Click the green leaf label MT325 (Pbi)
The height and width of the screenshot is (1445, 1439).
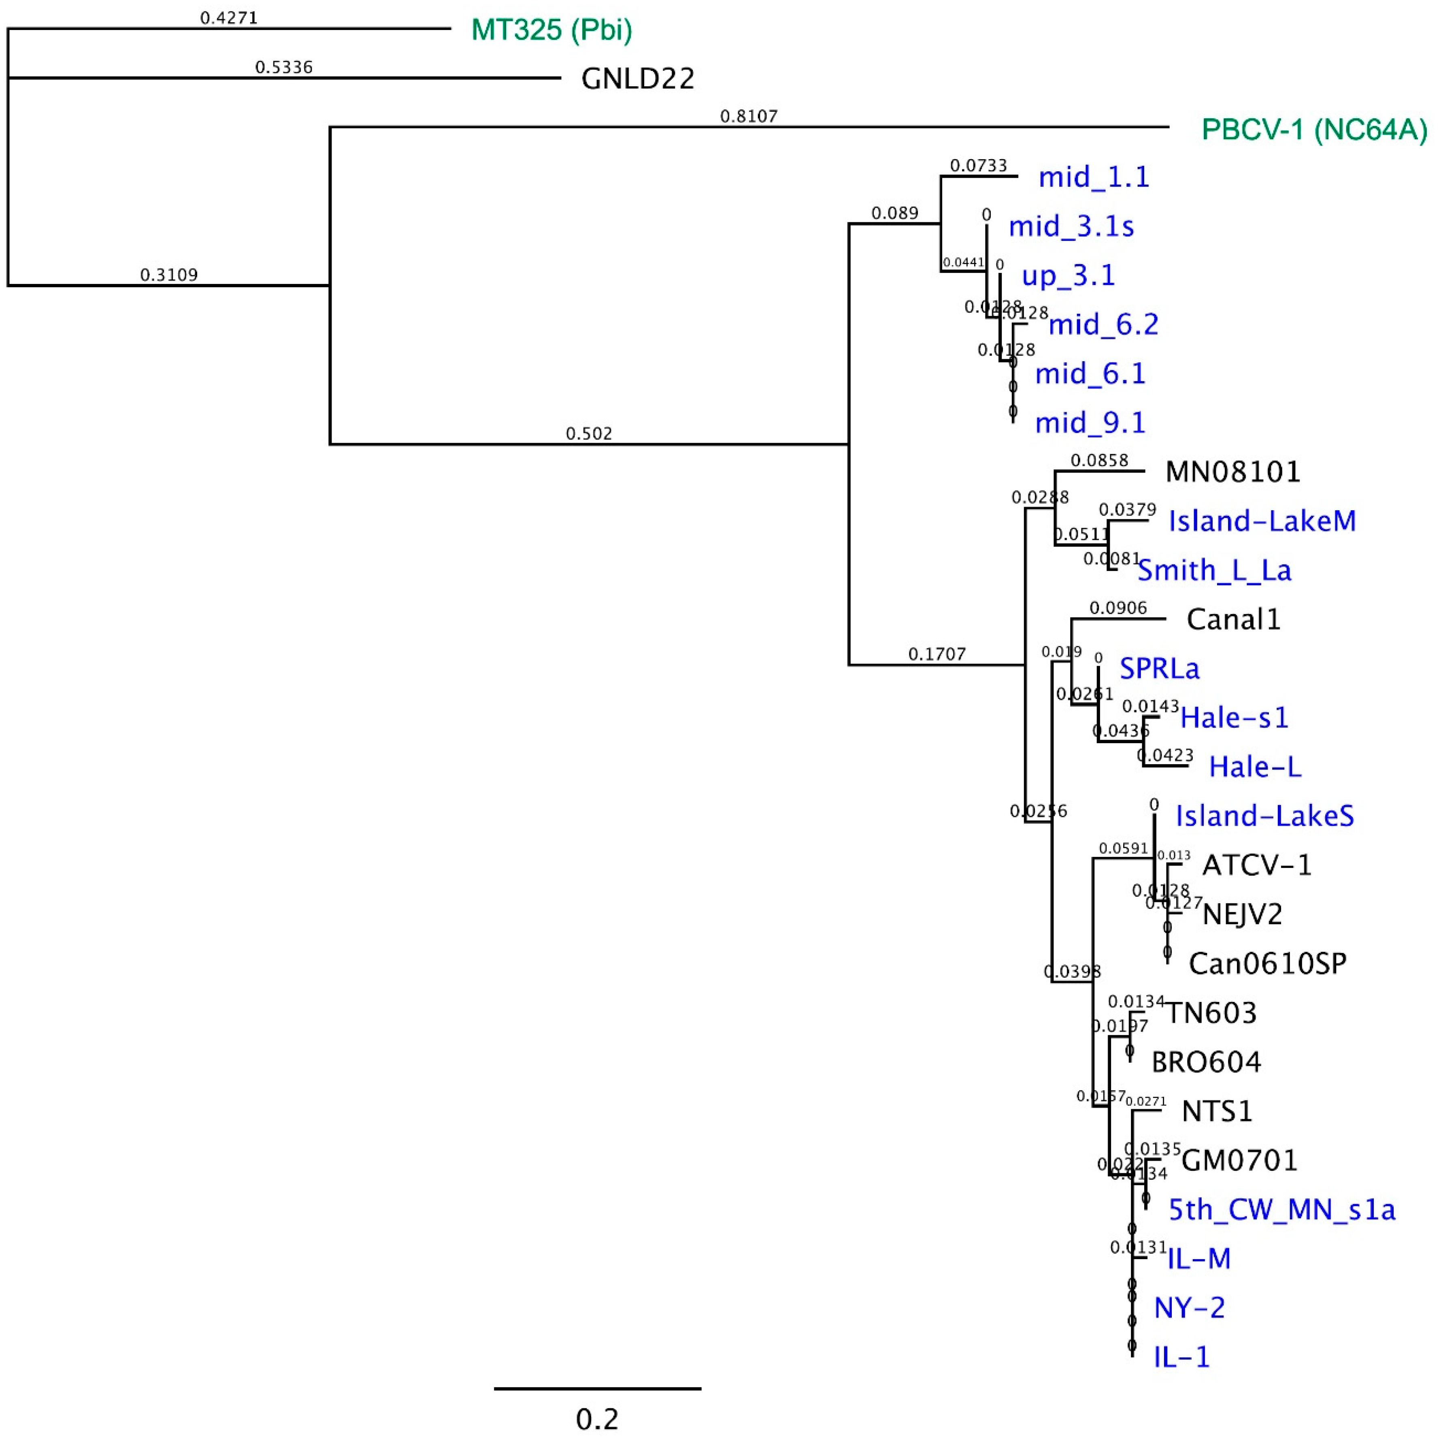(551, 30)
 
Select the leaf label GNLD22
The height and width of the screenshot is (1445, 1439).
(637, 79)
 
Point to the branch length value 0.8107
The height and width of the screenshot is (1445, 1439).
(749, 116)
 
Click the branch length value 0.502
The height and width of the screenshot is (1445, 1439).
(589, 434)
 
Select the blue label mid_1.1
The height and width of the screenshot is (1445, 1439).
(1094, 177)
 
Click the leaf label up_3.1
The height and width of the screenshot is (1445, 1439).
(1068, 275)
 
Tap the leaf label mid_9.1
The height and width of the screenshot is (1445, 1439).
(1090, 423)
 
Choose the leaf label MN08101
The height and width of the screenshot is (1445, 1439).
(1233, 472)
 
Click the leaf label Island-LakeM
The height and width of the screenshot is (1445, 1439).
(1262, 521)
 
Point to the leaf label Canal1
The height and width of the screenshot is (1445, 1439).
(1233, 619)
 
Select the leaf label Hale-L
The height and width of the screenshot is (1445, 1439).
(1255, 767)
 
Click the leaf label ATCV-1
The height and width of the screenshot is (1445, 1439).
(1256, 865)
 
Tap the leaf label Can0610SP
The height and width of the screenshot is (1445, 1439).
(1267, 963)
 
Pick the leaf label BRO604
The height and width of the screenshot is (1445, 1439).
(1206, 1062)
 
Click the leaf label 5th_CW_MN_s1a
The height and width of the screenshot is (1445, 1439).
(1281, 1209)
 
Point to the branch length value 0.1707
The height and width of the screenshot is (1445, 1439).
(937, 654)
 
